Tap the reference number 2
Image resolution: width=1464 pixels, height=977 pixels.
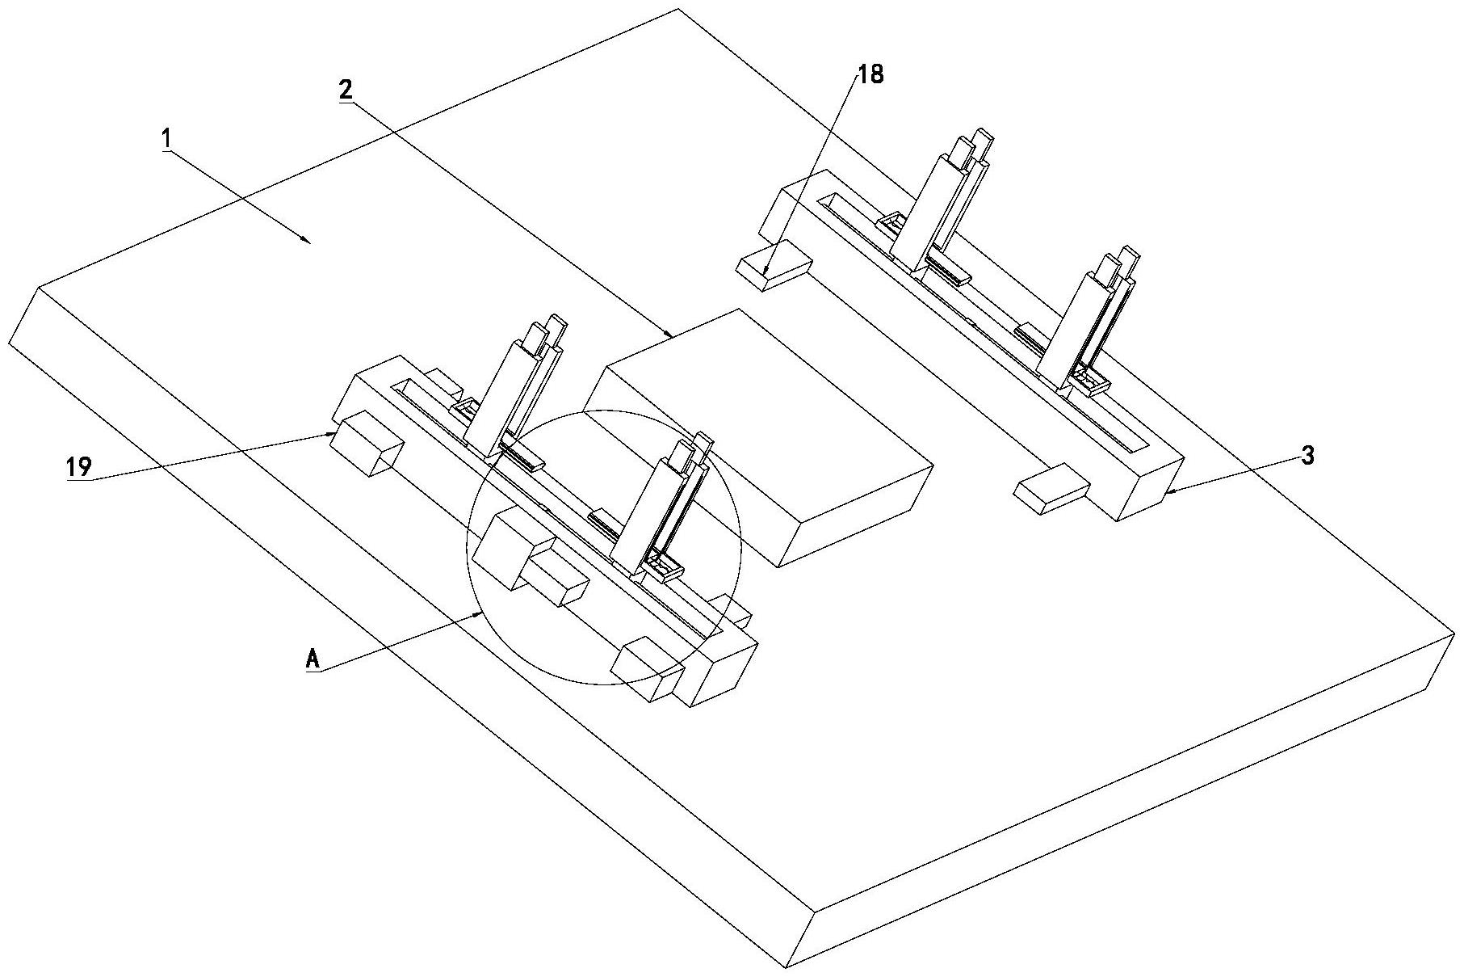pyautogui.click(x=346, y=90)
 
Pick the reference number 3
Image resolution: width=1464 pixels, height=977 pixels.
pyautogui.click(x=1307, y=456)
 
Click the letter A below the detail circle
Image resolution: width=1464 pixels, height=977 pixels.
pyautogui.click(x=313, y=659)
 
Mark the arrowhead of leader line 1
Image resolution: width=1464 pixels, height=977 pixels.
pyautogui.click(x=306, y=239)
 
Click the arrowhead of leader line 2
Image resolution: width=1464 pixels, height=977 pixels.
pyautogui.click(x=669, y=333)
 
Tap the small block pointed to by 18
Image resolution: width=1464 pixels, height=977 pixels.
pyautogui.click(x=774, y=264)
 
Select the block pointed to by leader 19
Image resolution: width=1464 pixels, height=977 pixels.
pyautogui.click(x=368, y=443)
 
